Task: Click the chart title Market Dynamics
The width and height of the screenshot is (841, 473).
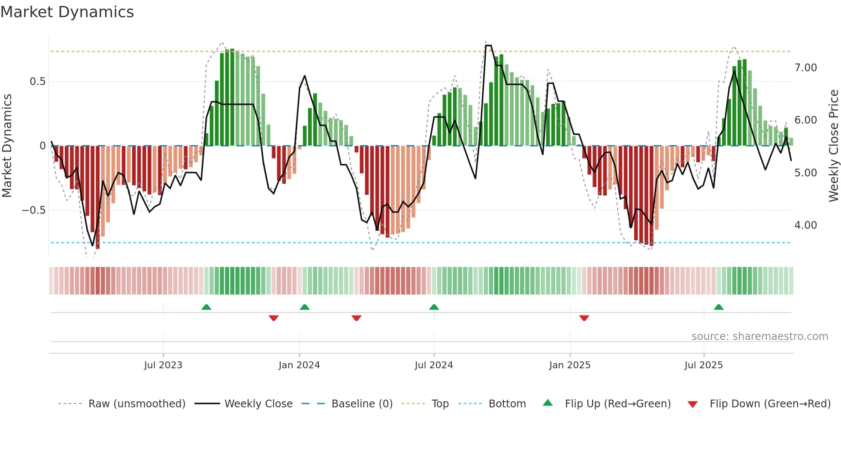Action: (67, 12)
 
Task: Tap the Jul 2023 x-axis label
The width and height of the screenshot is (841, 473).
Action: (163, 365)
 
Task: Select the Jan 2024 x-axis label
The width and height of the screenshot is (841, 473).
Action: (299, 365)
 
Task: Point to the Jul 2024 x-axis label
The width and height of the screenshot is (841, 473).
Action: (433, 365)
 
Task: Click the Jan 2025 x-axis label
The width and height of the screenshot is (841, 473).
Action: (570, 365)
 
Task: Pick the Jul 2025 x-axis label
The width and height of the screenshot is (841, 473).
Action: (704, 365)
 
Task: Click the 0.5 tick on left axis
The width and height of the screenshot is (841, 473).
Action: (38, 82)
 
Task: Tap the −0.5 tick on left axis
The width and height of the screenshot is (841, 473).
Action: (34, 210)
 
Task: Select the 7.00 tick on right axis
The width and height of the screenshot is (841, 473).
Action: (805, 68)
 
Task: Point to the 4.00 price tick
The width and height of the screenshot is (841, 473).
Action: (805, 225)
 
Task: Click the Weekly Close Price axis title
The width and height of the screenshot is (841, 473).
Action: (834, 146)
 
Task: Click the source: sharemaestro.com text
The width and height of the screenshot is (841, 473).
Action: (759, 337)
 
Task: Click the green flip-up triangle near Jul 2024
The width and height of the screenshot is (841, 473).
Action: (434, 307)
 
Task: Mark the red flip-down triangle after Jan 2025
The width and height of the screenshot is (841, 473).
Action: (584, 318)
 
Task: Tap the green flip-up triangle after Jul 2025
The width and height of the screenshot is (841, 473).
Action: (719, 307)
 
